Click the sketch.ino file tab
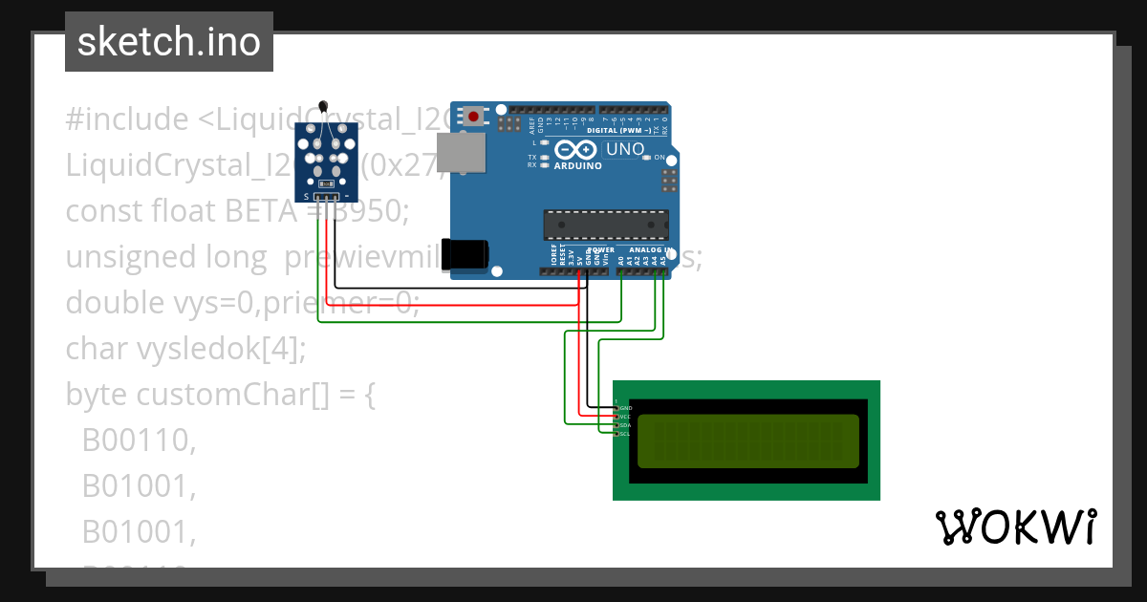pyautogui.click(x=168, y=42)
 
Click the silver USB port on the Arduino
pyautogui.click(x=460, y=153)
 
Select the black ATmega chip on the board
pyautogui.click(x=606, y=224)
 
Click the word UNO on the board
pyautogui.click(x=625, y=149)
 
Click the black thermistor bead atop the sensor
pyautogui.click(x=323, y=106)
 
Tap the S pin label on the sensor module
pyautogui.click(x=306, y=196)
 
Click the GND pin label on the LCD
pyautogui.click(x=625, y=408)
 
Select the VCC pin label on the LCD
pyautogui.click(x=625, y=417)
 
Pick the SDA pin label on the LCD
pyautogui.click(x=625, y=425)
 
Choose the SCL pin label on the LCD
pyautogui.click(x=625, y=434)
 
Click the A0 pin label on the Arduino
pyautogui.click(x=621, y=258)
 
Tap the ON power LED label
pyautogui.click(x=659, y=157)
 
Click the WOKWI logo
pyautogui.click(x=1015, y=527)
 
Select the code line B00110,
pyautogui.click(x=139, y=441)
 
